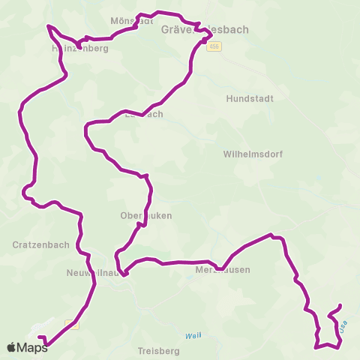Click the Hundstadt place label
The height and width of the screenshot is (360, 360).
pos(250,98)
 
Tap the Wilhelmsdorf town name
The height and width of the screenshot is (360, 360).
pos(251,154)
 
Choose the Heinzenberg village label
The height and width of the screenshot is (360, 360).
pos(80,48)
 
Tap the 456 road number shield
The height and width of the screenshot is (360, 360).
pos(216,46)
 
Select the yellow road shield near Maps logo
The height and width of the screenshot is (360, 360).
pos(72,324)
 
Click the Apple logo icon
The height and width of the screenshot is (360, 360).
pos(12,347)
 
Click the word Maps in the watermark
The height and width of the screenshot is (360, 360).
pos(34,347)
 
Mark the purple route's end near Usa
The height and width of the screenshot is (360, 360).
pos(341,305)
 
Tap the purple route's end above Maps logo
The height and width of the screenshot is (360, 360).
pos(40,337)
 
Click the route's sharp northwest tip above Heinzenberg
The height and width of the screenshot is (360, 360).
pos(49,25)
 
